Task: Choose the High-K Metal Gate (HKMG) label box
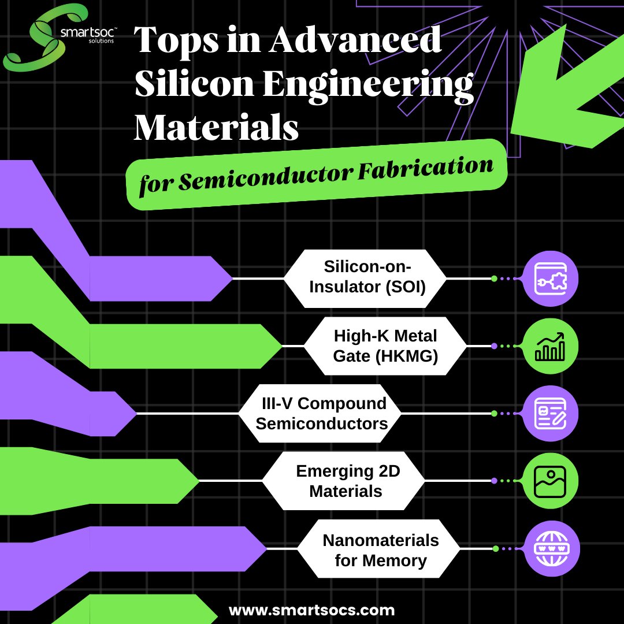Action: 385,346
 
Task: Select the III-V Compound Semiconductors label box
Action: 321,413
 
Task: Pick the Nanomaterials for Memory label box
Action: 380,549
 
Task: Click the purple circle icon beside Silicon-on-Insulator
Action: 549,278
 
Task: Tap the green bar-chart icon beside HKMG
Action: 549,346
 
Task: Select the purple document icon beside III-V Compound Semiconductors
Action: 549,414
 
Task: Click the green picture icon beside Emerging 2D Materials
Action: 549,481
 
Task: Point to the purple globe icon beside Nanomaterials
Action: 549,548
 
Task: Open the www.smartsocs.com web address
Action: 312,610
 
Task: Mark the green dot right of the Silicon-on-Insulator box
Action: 494,278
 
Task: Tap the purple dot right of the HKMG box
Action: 494,346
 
